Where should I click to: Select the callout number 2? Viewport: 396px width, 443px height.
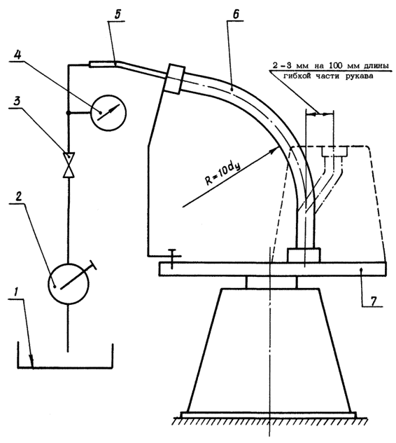(19, 196)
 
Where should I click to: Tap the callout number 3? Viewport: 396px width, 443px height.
(17, 101)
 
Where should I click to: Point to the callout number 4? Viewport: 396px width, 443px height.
(17, 55)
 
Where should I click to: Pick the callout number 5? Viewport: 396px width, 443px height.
(118, 15)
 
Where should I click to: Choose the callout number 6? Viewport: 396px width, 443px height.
(236, 14)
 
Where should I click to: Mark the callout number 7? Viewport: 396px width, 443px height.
(373, 301)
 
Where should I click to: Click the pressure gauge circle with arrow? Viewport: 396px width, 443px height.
(108, 113)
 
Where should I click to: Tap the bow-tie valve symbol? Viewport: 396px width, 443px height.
(69, 165)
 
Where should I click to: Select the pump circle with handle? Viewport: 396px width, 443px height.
(69, 284)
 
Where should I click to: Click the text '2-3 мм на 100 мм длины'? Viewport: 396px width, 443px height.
(330, 66)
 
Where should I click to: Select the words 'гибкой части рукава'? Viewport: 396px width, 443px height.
(328, 76)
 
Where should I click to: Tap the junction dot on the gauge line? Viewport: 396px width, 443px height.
(68, 113)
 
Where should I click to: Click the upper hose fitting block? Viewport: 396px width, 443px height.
(174, 79)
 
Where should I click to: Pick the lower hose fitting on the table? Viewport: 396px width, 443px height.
(304, 255)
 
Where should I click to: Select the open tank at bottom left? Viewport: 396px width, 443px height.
(65, 355)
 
